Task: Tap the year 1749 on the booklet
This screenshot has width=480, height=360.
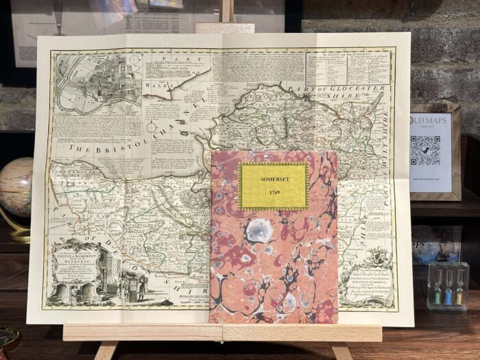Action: [273, 193]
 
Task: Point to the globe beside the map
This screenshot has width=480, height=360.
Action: [15, 188]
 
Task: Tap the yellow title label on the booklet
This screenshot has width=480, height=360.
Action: [273, 185]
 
